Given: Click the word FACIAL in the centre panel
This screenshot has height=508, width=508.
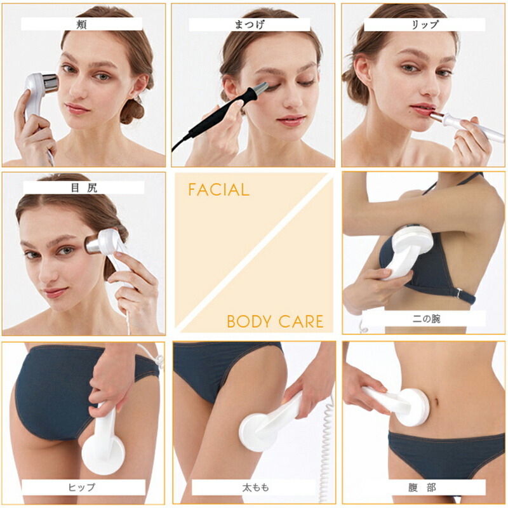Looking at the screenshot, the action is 219,190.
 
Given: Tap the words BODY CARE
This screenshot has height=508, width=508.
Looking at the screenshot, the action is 275,321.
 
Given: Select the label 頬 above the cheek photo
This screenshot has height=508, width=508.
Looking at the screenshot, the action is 82,24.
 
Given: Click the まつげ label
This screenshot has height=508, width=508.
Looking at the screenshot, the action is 250,25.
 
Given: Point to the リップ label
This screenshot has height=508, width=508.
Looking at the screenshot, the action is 425,25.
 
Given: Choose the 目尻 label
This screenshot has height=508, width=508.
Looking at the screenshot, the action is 84,187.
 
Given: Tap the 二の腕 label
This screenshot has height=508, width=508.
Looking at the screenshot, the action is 426,319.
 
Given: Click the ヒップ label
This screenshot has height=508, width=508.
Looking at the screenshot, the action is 82,487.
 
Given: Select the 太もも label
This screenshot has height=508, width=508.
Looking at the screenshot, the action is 256,487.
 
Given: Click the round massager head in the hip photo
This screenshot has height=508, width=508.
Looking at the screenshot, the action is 103,453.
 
